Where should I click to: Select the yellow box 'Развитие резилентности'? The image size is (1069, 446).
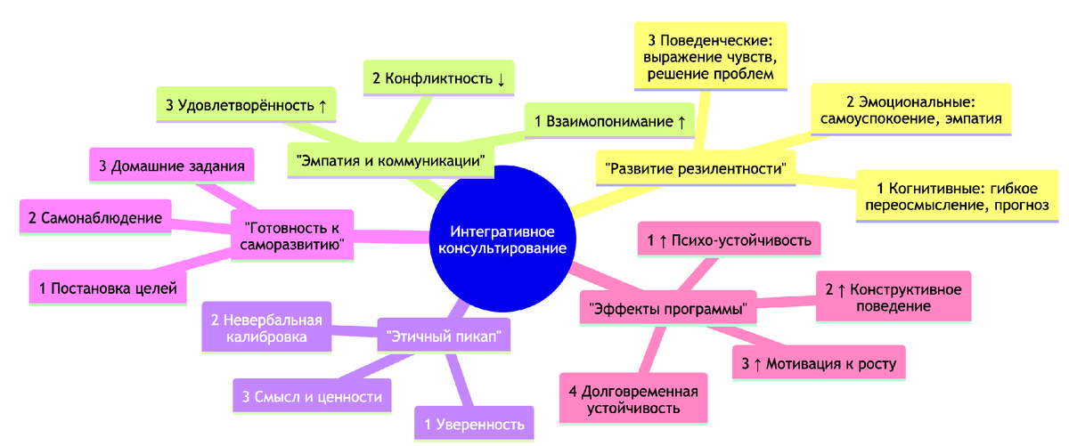pos(695,168)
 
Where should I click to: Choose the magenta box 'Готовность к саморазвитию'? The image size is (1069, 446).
pos(292,234)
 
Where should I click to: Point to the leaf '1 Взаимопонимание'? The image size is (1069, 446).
pos(609,119)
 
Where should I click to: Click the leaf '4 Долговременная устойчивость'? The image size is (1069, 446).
pos(633,401)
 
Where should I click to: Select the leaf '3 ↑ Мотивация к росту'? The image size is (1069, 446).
pos(819,363)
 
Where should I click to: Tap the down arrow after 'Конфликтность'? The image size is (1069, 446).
pos(502,78)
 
